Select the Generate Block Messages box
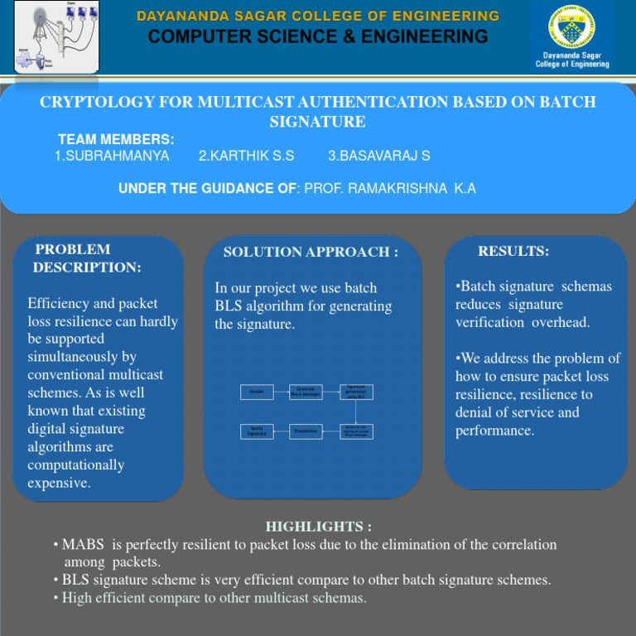point(306,392)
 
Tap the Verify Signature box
point(257,431)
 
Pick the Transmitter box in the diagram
point(306,431)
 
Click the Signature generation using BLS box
point(356,392)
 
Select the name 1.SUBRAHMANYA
point(112,156)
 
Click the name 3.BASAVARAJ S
point(378,156)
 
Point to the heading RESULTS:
point(513,251)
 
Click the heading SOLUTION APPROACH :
point(311,252)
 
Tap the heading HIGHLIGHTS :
point(318,527)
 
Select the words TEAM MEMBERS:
point(116,140)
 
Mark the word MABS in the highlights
point(80,545)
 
